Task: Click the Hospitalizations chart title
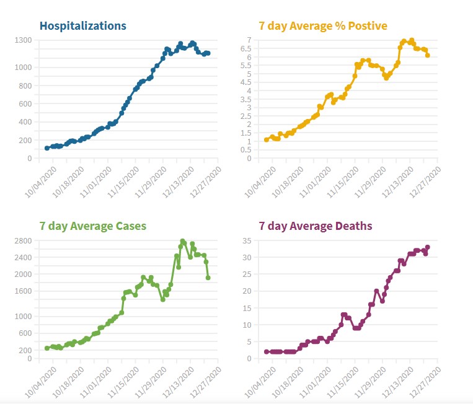82,26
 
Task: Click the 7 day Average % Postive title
322,26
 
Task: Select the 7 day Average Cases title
92,226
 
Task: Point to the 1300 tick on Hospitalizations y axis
22,40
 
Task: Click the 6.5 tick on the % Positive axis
248,49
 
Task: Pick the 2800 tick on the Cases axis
22,240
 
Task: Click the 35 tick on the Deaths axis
246,240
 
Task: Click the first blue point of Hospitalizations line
47,148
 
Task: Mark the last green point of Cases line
208,278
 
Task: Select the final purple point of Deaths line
428,247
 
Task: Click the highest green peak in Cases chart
182,241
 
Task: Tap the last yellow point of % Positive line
428,55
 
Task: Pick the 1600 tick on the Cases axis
22,291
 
